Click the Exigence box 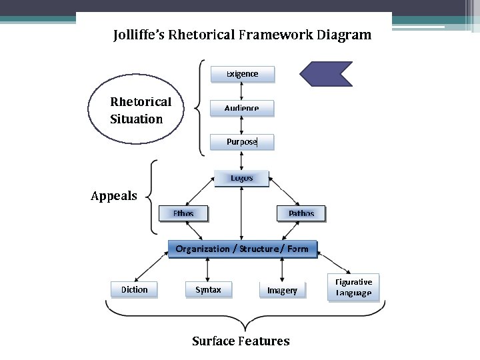click(x=242, y=74)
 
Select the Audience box click(x=242, y=108)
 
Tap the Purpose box click(x=242, y=142)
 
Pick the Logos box click(x=241, y=178)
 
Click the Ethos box click(x=183, y=213)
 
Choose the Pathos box click(x=301, y=213)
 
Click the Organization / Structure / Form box click(x=242, y=249)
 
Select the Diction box click(x=134, y=290)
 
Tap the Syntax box click(x=208, y=290)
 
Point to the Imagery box click(x=282, y=291)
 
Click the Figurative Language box click(x=353, y=287)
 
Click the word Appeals click(x=114, y=196)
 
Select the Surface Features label click(x=241, y=341)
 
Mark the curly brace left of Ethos click(x=153, y=197)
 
